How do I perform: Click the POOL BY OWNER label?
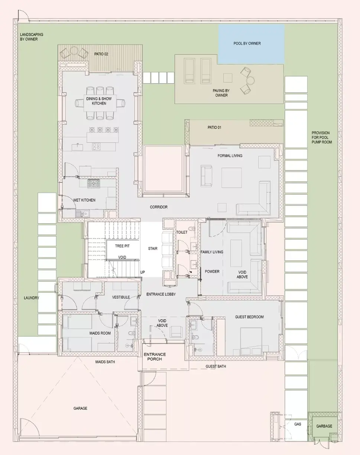click(x=247, y=43)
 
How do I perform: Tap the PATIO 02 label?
click(x=101, y=54)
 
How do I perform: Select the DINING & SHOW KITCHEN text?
click(x=99, y=101)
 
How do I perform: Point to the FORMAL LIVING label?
click(x=230, y=156)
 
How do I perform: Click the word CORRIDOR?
click(x=159, y=207)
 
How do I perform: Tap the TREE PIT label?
click(x=122, y=246)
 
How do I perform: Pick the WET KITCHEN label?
click(x=84, y=200)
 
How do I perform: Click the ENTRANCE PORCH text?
click(x=155, y=357)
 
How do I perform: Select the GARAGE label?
click(x=80, y=408)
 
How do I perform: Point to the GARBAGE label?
click(x=324, y=426)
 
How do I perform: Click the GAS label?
click(x=298, y=424)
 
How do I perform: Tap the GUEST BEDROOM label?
click(x=249, y=317)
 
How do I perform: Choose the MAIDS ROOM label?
click(x=100, y=333)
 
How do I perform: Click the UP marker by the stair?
click(x=143, y=272)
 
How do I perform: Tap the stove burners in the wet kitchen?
click(x=93, y=183)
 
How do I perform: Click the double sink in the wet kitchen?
click(x=82, y=214)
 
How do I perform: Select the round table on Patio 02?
click(x=74, y=51)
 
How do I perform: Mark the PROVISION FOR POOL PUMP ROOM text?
click(x=321, y=137)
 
